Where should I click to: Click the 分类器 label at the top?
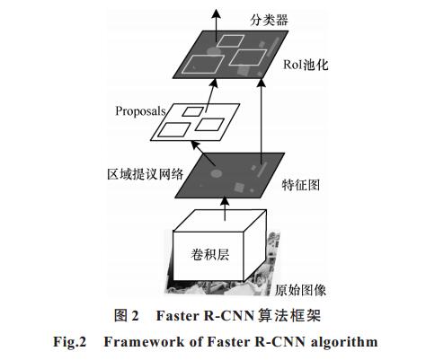(x=269, y=20)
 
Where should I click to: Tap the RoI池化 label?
(x=306, y=65)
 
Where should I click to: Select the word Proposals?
(x=140, y=111)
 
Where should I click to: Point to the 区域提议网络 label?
(x=146, y=174)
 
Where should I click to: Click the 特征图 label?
(x=301, y=185)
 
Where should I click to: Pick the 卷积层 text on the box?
(x=210, y=255)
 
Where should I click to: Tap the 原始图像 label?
(x=300, y=290)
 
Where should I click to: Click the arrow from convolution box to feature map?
(x=225, y=208)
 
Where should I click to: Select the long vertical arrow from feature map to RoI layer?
(x=262, y=121)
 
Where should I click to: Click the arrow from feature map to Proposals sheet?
(x=203, y=154)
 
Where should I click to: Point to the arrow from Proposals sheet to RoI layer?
(x=211, y=95)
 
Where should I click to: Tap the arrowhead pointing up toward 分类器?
(x=216, y=14)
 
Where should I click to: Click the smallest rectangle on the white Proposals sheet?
(x=193, y=112)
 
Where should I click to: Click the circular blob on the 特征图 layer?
(x=217, y=173)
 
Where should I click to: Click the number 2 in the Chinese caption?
(x=135, y=316)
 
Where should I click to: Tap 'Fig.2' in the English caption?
(x=69, y=342)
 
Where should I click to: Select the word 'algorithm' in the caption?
(x=344, y=342)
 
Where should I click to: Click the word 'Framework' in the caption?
(x=144, y=342)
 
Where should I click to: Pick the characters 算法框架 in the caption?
(x=289, y=315)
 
